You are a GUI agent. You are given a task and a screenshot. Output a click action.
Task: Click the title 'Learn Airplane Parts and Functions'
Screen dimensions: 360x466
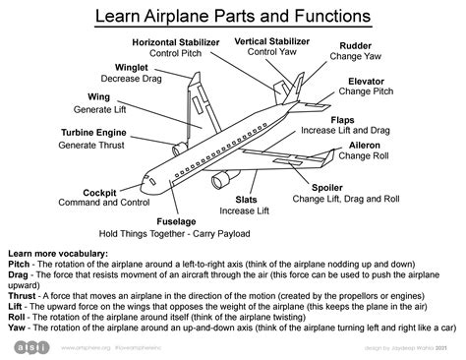coord(232,17)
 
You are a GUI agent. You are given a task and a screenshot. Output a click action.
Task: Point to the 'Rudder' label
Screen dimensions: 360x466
coord(355,46)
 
